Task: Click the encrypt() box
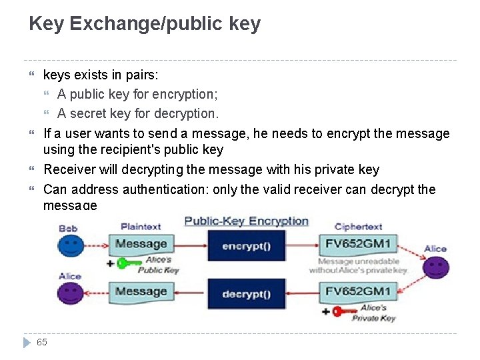[246, 245]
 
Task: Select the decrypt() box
[246, 294]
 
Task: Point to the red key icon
[345, 311]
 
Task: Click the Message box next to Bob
[141, 244]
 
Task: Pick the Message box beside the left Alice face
[141, 291]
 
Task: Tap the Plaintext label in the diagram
[141, 227]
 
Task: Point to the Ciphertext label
[358, 227]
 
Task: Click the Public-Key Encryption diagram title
[247, 221]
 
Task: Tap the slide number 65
[42, 342]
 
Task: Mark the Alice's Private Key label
[373, 313]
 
